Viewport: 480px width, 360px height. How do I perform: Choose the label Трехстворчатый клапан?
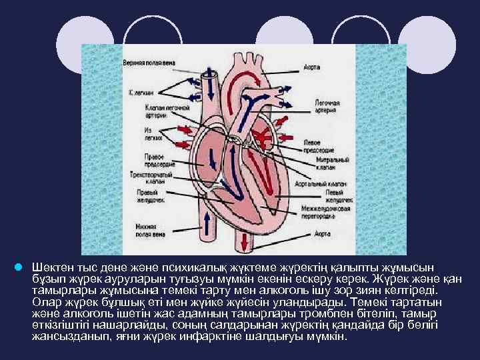151,177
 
